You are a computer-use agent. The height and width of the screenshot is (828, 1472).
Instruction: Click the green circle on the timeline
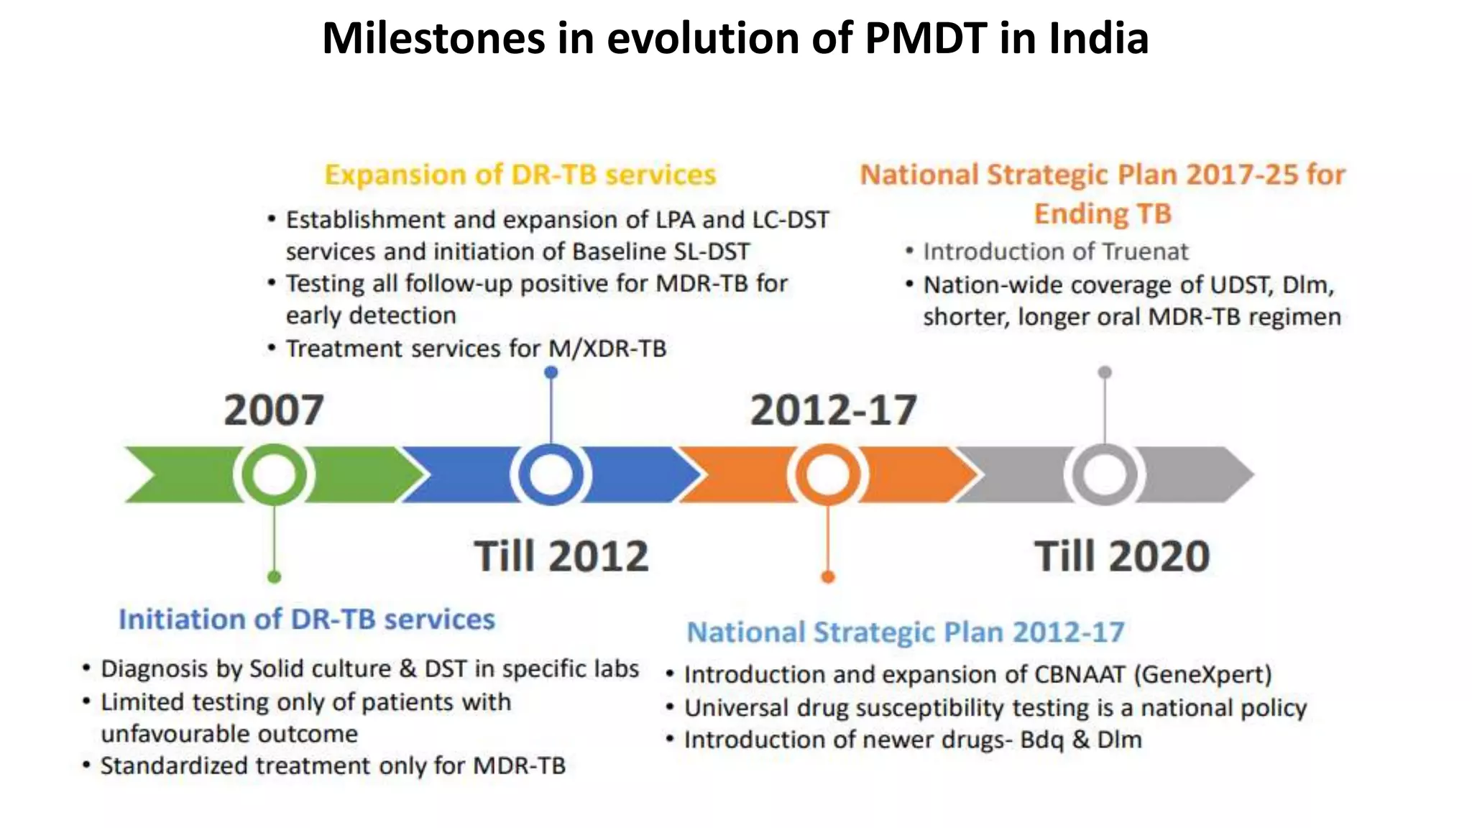[x=274, y=474]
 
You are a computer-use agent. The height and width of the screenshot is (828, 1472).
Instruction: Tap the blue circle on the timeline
[x=551, y=474]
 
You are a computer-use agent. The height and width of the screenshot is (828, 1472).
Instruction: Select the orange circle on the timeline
[x=827, y=474]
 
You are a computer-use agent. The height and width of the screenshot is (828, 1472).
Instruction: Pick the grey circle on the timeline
[x=1104, y=474]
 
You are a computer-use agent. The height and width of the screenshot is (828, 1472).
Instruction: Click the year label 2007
[x=274, y=410]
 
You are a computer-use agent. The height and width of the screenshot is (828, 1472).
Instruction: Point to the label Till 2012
[x=561, y=556]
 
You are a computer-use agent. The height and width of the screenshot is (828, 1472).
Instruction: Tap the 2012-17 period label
[x=833, y=410]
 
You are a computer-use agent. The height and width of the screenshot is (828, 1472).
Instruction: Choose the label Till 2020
[x=1121, y=556]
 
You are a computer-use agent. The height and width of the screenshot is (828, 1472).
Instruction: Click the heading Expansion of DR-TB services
[x=520, y=175]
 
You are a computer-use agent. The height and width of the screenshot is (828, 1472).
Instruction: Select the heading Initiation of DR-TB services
[x=307, y=619]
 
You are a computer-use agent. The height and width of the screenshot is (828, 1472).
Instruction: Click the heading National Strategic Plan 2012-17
[x=905, y=632]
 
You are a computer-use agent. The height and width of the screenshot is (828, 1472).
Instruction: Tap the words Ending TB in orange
[x=1103, y=213]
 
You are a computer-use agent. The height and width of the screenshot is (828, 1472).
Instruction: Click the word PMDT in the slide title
[x=926, y=38]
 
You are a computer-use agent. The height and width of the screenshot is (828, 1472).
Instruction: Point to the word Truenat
[x=1145, y=252]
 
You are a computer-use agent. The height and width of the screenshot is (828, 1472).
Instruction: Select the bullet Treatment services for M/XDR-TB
[x=476, y=349]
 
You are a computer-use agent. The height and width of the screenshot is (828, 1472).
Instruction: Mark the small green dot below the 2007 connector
[x=274, y=576]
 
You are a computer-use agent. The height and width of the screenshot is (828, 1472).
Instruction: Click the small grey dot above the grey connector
[x=1105, y=372]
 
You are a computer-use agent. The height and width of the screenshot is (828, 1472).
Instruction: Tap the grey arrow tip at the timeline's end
[x=1240, y=474]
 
